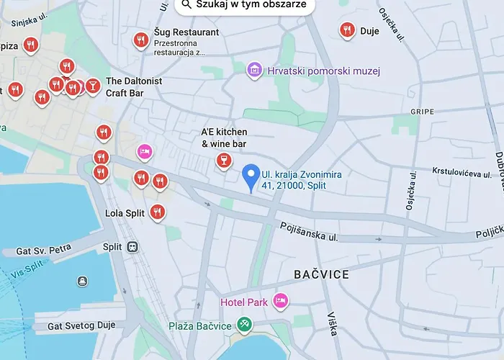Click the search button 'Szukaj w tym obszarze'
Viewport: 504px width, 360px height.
click(244, 5)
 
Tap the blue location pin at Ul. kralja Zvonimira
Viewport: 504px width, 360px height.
click(250, 176)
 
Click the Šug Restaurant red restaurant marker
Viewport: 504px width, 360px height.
click(141, 40)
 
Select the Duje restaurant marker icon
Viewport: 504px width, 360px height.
click(347, 30)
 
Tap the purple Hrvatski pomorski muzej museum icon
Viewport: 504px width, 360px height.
click(254, 70)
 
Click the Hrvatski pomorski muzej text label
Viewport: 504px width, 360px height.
click(323, 71)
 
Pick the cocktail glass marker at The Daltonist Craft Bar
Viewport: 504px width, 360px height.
click(92, 86)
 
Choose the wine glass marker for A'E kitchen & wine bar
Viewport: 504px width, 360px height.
click(224, 160)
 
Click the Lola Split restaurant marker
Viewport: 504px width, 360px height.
click(158, 212)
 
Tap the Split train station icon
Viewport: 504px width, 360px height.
click(132, 247)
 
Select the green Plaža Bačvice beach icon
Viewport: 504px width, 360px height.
click(245, 325)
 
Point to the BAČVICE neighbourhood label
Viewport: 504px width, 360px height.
click(322, 274)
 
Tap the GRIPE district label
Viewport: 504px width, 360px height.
click(422, 112)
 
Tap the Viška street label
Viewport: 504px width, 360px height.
click(332, 323)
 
